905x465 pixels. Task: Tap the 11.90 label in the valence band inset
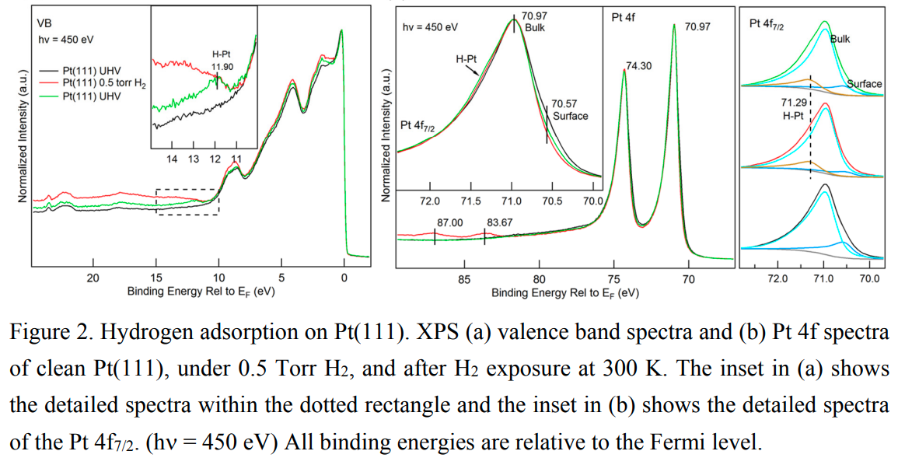[x=222, y=67]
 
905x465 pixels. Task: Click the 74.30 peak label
[x=638, y=67]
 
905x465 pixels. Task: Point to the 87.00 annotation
[x=450, y=223]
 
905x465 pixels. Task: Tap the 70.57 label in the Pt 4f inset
[x=565, y=104]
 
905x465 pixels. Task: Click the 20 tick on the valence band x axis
[x=93, y=278]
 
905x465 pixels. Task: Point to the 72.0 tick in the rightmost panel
[x=777, y=278]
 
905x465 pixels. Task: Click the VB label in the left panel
[x=46, y=23]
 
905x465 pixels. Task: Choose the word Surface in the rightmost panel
[x=864, y=83]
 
